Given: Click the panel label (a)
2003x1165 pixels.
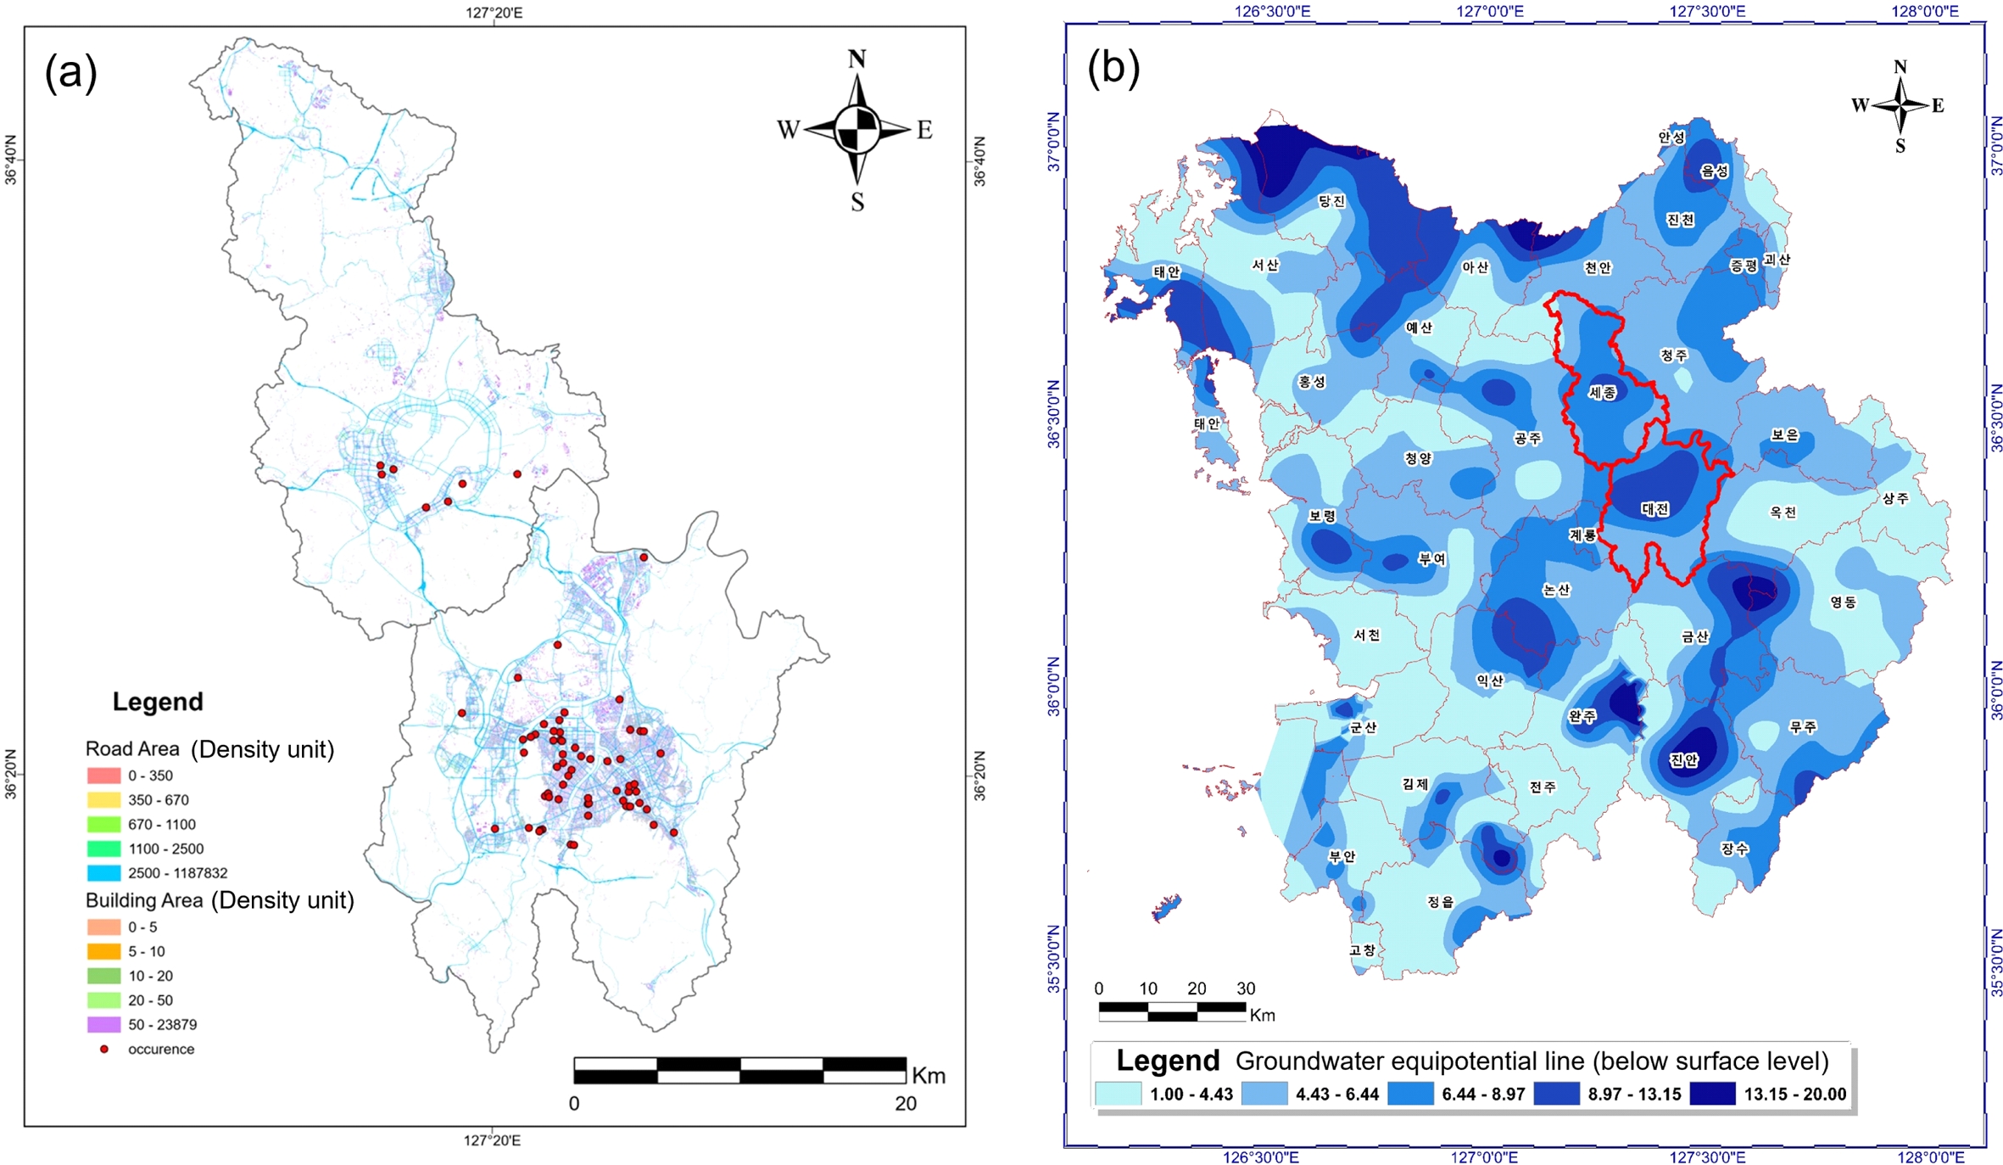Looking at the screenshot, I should (x=71, y=73).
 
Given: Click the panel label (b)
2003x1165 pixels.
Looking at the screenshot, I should (x=1113, y=68).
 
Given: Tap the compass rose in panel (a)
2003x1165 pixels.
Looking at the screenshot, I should (x=856, y=130).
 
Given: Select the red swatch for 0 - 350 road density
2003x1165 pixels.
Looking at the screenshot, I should (x=103, y=776).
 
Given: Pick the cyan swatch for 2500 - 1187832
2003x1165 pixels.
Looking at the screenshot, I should (x=103, y=872).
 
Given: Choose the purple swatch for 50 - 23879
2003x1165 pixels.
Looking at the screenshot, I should (x=103, y=1024).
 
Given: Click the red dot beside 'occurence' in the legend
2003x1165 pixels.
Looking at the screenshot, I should (x=104, y=1049).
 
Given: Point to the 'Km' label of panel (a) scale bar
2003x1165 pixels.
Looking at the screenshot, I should (x=929, y=1076).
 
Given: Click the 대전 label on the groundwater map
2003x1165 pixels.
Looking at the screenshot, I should (x=1654, y=509).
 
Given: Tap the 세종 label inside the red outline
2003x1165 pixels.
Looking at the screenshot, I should (x=1602, y=392).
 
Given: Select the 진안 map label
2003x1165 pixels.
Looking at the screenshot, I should (x=1683, y=759).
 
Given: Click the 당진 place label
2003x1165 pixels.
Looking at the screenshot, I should (x=1331, y=201).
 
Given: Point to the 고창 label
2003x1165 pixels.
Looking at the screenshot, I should (x=1362, y=950).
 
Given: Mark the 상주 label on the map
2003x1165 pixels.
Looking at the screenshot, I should (x=1895, y=498).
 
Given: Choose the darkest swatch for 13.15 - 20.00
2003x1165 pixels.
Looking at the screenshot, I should (x=1712, y=1094).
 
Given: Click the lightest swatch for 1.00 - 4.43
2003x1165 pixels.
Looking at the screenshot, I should (x=1118, y=1094).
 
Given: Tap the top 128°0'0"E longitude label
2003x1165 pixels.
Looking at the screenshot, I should (x=1925, y=11).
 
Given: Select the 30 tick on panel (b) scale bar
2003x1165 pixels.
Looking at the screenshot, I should (x=1245, y=989).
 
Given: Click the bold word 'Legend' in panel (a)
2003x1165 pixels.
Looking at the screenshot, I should (x=158, y=702).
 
